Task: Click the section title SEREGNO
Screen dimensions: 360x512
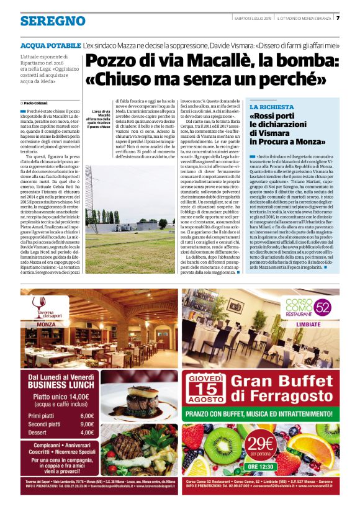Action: pyautogui.click(x=53, y=21)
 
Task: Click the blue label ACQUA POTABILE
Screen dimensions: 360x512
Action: pyautogui.click(x=50, y=46)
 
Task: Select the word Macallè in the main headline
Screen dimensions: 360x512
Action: pyautogui.click(x=202, y=62)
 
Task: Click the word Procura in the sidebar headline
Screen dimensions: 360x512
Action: pyautogui.click(x=272, y=141)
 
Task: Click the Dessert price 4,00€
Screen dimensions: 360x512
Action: pyautogui.click(x=87, y=433)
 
